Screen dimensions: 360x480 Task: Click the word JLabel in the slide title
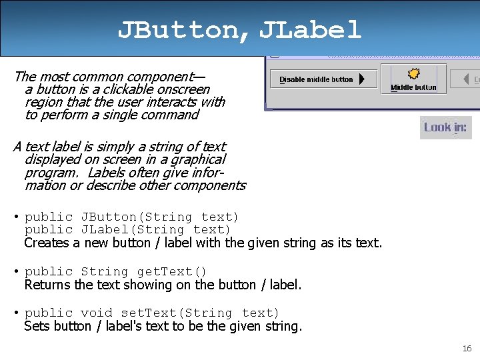(x=310, y=29)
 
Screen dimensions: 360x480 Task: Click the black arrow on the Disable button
(x=361, y=79)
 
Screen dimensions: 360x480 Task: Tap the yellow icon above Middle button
(x=413, y=73)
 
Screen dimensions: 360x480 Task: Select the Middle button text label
(x=413, y=87)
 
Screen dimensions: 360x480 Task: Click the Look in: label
(x=445, y=127)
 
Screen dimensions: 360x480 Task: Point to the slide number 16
(x=467, y=349)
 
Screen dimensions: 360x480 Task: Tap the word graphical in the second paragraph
(x=199, y=159)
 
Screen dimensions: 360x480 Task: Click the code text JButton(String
(x=137, y=217)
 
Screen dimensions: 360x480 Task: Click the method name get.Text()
(x=172, y=271)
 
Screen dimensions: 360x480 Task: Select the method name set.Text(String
(x=177, y=313)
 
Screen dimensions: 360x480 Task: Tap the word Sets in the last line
(x=36, y=327)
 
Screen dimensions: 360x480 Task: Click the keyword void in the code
(x=97, y=313)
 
